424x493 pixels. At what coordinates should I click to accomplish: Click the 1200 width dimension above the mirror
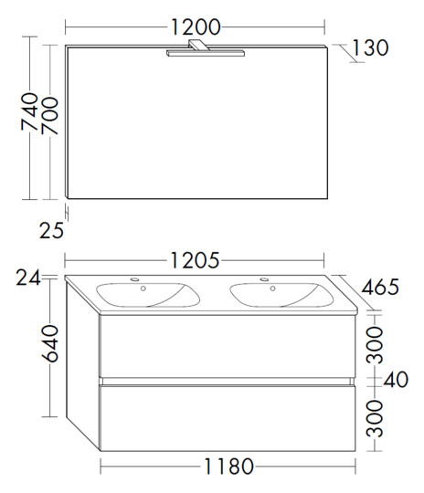196,27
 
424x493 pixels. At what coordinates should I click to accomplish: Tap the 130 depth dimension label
370,47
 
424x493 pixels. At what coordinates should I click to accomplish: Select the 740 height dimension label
29,111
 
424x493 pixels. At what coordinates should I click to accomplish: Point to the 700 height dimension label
50,116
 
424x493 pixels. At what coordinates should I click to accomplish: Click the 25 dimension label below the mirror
51,230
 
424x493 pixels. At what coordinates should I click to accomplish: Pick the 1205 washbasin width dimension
195,260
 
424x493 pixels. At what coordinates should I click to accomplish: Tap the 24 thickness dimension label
28,278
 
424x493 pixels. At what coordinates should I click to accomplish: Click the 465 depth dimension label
380,287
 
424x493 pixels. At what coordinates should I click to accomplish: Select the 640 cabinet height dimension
50,343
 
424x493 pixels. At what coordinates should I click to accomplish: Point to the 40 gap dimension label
396,379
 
